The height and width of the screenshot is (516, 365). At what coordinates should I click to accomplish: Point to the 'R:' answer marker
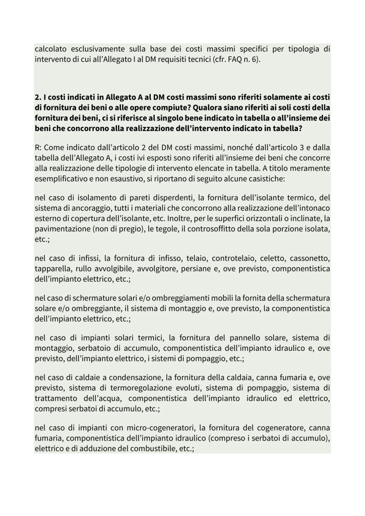(x=39, y=135)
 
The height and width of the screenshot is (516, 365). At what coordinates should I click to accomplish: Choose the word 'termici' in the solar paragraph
(x=145, y=332)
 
